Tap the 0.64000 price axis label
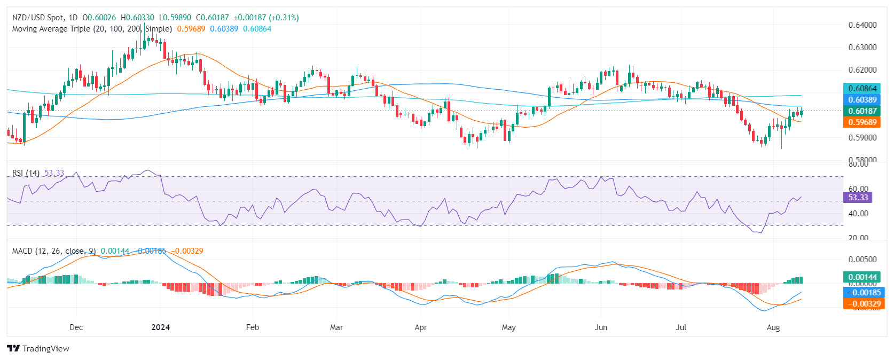(x=862, y=25)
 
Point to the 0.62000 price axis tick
(x=862, y=70)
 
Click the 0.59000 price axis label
(x=862, y=137)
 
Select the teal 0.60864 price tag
(x=862, y=89)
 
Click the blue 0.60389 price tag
(x=862, y=100)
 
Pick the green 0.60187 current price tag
(x=862, y=111)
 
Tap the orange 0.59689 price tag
(x=862, y=122)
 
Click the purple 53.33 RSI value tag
(x=858, y=198)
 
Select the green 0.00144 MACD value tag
(x=862, y=277)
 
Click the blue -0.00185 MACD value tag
(x=862, y=293)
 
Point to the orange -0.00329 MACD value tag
(x=862, y=304)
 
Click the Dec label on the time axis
(x=76, y=327)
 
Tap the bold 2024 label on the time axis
(x=160, y=327)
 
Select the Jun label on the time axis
(x=601, y=327)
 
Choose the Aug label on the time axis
(x=773, y=327)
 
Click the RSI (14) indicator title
(x=26, y=173)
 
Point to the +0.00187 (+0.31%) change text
(x=266, y=18)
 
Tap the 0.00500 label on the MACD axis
(x=862, y=260)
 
